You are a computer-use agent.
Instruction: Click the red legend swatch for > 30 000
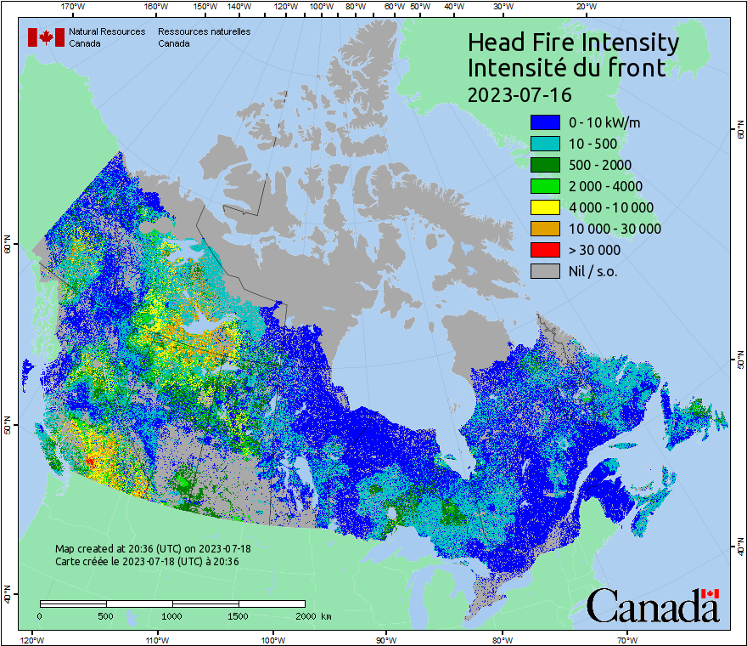click(544, 250)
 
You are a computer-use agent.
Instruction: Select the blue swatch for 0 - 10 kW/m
click(544, 122)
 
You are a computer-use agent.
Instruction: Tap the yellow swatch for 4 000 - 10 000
click(544, 207)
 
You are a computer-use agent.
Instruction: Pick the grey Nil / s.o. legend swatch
click(544, 271)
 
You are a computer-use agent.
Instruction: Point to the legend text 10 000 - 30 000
click(615, 229)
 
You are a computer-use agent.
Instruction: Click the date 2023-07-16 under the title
click(520, 93)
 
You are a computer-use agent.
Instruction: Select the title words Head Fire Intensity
click(573, 42)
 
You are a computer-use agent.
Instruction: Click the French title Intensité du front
click(566, 68)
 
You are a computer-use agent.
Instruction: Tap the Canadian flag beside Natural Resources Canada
click(46, 37)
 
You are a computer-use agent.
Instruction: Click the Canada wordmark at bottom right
click(653, 607)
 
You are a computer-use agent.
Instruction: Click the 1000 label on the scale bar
click(172, 615)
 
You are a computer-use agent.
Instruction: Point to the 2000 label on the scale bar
click(305, 615)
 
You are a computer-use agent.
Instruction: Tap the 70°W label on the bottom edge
click(626, 639)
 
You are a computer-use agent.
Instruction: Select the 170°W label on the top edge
click(73, 6)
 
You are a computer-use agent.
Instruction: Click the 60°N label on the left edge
click(8, 246)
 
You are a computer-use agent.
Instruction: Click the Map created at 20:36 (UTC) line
click(153, 549)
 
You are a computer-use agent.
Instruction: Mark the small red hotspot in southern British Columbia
click(90, 461)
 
